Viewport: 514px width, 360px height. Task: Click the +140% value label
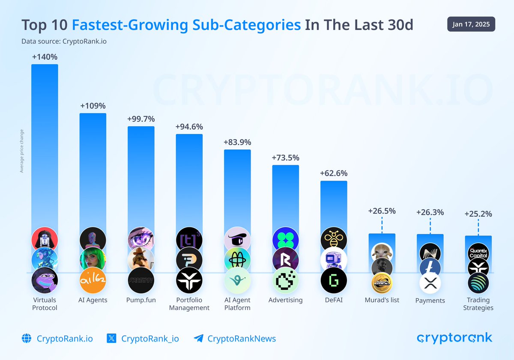point(45,57)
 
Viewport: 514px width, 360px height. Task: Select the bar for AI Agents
point(93,171)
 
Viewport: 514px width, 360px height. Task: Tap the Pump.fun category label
point(141,300)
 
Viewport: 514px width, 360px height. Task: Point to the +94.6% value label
point(189,127)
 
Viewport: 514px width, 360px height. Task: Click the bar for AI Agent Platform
point(237,188)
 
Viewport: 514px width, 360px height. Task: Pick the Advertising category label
point(285,300)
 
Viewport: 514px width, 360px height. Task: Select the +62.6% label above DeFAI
point(334,173)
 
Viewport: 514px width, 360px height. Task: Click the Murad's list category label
point(382,300)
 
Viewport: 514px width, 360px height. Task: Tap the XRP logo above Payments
point(430,283)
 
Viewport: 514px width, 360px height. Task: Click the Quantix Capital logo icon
point(478,253)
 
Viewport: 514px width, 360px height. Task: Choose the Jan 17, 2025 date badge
point(471,24)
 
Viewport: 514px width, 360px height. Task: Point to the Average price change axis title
point(21,151)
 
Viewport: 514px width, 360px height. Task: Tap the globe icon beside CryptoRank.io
point(27,339)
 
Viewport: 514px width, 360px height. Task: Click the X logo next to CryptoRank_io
point(111,339)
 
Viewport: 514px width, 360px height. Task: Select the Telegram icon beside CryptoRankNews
point(198,339)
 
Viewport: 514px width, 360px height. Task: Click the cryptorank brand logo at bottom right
point(454,338)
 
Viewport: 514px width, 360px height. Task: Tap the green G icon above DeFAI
point(334,280)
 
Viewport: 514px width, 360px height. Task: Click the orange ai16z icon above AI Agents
point(93,280)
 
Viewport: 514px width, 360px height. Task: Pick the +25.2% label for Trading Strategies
point(478,214)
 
